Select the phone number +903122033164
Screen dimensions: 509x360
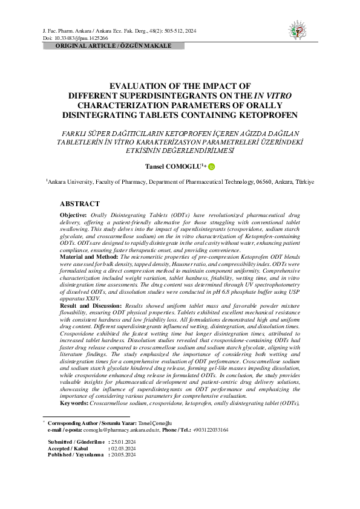coord(211,430)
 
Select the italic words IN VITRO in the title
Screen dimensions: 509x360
coord(272,96)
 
